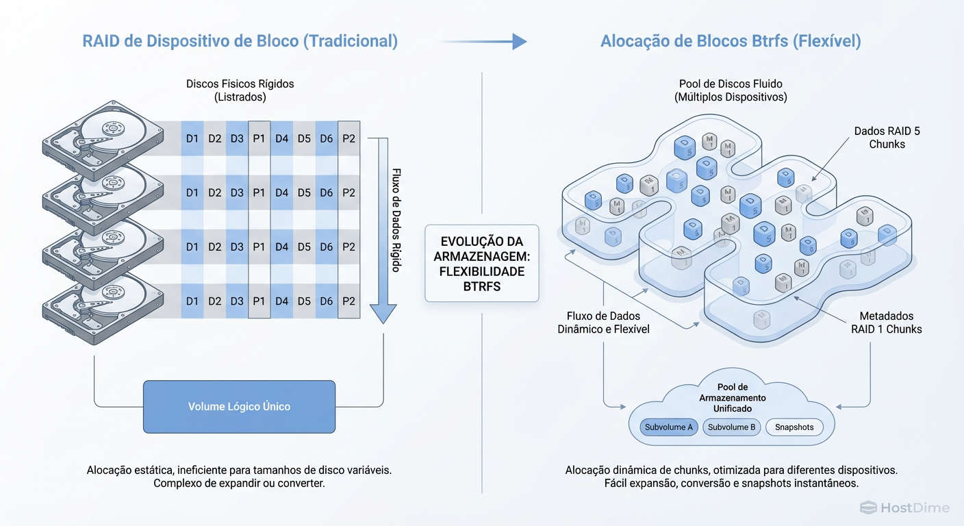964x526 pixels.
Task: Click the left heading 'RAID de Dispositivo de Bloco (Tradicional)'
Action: click(x=240, y=41)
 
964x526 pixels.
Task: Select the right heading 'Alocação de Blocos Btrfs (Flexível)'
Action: click(x=731, y=41)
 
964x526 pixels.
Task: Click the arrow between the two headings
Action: click(x=483, y=42)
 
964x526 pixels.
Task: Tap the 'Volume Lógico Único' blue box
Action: click(x=239, y=407)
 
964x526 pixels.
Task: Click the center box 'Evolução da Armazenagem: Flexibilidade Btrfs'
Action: click(x=482, y=264)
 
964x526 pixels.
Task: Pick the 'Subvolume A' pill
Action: click(x=668, y=427)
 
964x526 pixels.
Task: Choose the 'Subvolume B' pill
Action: click(x=731, y=427)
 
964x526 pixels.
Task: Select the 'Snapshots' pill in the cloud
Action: click(x=794, y=427)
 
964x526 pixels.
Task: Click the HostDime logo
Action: click(x=904, y=508)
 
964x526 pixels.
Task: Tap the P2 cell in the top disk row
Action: click(x=348, y=139)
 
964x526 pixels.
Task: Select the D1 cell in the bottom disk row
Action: click(x=192, y=301)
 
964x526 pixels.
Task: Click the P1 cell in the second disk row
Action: click(x=259, y=193)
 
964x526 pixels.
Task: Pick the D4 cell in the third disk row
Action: click(x=281, y=247)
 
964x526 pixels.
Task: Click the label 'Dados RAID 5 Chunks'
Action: click(x=887, y=138)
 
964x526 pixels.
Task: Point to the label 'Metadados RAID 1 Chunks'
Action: click(x=887, y=323)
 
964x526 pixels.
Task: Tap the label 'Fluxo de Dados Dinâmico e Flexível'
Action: click(x=603, y=323)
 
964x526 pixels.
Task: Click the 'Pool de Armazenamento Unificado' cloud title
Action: click(x=733, y=397)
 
